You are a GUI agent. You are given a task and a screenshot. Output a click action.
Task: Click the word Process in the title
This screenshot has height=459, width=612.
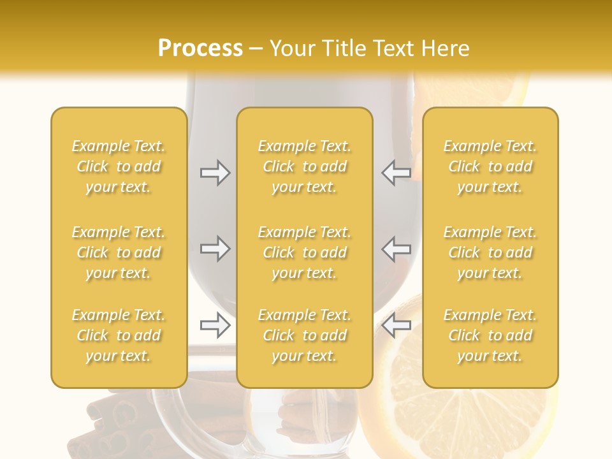pyautogui.click(x=200, y=48)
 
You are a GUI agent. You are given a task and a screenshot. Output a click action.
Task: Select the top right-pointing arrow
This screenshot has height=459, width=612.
pyautogui.click(x=215, y=173)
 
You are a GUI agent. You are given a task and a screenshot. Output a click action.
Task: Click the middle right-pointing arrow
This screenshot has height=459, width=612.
pyautogui.click(x=215, y=249)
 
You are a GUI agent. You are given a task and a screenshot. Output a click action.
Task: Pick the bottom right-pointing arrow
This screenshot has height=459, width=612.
pyautogui.click(x=215, y=325)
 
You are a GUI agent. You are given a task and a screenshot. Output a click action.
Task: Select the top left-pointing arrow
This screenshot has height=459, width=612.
pyautogui.click(x=397, y=173)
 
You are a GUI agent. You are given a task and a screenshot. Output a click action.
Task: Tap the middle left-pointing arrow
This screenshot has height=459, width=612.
pyautogui.click(x=397, y=249)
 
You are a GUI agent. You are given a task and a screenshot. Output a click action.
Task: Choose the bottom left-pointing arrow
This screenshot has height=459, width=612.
pyautogui.click(x=397, y=325)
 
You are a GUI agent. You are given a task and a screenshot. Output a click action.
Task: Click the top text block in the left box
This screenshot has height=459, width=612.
pyautogui.click(x=119, y=166)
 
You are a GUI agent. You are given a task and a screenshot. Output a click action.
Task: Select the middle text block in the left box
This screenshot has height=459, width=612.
pyautogui.click(x=119, y=252)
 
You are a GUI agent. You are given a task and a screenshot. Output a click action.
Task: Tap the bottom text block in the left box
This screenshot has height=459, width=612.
pyautogui.click(x=119, y=335)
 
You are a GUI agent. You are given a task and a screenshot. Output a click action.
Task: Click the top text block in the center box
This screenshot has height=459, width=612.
pyautogui.click(x=305, y=166)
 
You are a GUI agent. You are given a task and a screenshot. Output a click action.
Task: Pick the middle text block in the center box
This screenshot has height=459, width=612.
pyautogui.click(x=305, y=252)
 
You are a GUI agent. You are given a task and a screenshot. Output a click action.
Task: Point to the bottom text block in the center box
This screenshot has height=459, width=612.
pyautogui.click(x=305, y=335)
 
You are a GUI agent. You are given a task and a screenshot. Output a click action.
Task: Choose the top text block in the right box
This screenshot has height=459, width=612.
pyautogui.click(x=490, y=166)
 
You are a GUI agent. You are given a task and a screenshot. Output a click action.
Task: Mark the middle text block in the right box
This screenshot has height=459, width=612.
pyautogui.click(x=490, y=252)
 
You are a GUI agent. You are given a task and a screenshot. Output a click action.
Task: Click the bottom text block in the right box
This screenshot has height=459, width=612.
pyautogui.click(x=490, y=335)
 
